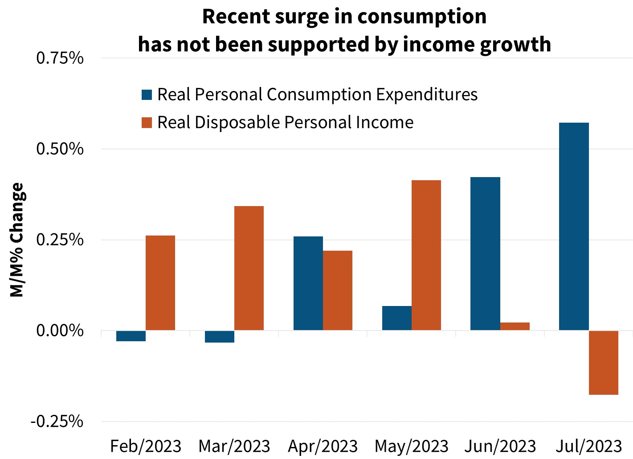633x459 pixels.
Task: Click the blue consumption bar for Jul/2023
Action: click(574, 226)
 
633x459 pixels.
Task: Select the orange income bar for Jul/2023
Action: click(603, 363)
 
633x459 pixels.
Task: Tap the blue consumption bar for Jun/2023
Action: click(485, 253)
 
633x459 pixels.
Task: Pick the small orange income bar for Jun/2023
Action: click(515, 327)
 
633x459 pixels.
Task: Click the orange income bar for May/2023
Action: click(426, 255)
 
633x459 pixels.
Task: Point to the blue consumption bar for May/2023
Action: click(397, 318)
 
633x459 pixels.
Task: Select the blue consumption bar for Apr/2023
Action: click(308, 283)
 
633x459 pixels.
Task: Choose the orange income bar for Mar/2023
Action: click(249, 268)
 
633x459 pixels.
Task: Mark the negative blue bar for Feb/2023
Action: click(131, 336)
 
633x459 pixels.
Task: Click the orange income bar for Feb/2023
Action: click(160, 283)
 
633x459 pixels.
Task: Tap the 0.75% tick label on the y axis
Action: click(60, 58)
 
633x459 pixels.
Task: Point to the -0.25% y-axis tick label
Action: click(57, 421)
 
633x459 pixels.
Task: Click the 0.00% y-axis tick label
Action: click(60, 331)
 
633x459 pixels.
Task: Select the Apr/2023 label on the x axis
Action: click(323, 446)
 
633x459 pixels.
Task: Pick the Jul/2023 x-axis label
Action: click(589, 446)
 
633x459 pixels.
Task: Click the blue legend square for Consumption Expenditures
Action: click(147, 95)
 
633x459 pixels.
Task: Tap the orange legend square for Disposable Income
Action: click(147, 122)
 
